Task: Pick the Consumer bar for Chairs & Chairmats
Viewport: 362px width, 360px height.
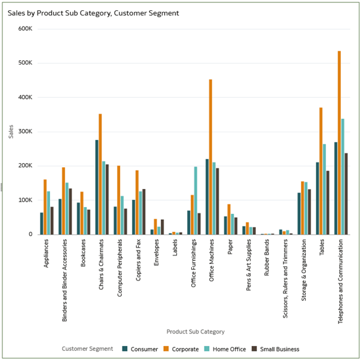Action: tap(97, 187)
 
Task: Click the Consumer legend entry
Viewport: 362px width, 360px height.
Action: tap(140, 349)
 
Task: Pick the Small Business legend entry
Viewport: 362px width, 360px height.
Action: tap(279, 349)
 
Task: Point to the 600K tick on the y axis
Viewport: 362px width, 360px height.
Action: tap(25, 28)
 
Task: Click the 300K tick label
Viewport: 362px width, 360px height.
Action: tap(25, 132)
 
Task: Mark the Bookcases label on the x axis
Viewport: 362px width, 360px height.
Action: tap(83, 259)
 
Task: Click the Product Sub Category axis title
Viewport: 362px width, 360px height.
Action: tap(195, 332)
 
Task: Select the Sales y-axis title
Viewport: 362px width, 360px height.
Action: tap(11, 131)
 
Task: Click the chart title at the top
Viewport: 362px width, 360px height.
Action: tap(93, 13)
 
